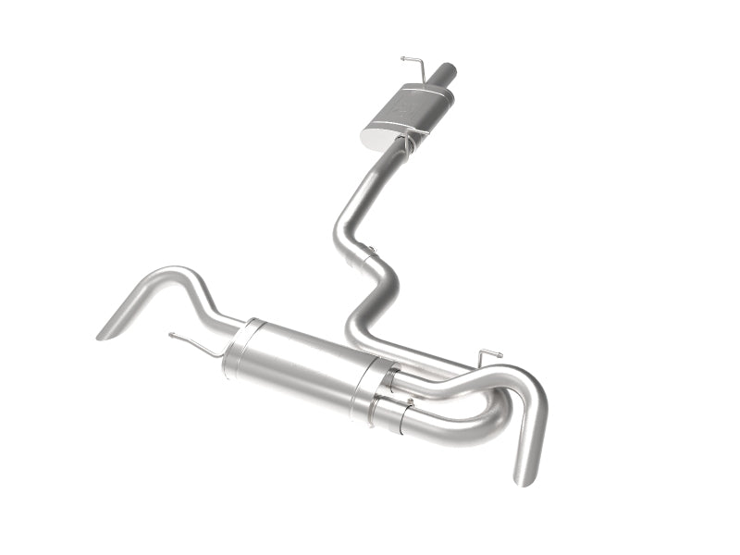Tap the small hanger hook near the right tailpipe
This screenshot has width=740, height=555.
pos(488,353)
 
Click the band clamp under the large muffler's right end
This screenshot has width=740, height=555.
pos(400,425)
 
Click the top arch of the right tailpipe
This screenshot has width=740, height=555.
pos(518,377)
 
